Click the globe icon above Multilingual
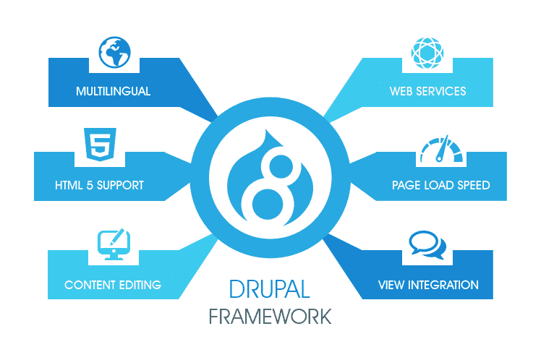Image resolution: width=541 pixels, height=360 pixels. click(x=114, y=50)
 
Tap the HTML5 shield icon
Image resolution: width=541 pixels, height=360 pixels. click(x=96, y=144)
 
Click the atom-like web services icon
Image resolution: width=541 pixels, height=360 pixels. click(x=427, y=52)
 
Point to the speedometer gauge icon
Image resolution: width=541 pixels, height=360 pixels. click(x=440, y=148)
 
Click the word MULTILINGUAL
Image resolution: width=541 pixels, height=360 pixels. click(x=113, y=92)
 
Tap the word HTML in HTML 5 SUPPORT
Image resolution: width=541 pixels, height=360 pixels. click(x=70, y=185)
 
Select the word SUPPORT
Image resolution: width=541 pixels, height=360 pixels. click(x=120, y=185)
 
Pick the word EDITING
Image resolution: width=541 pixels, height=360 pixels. click(x=139, y=284)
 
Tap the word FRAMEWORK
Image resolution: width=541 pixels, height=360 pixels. click(x=270, y=317)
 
